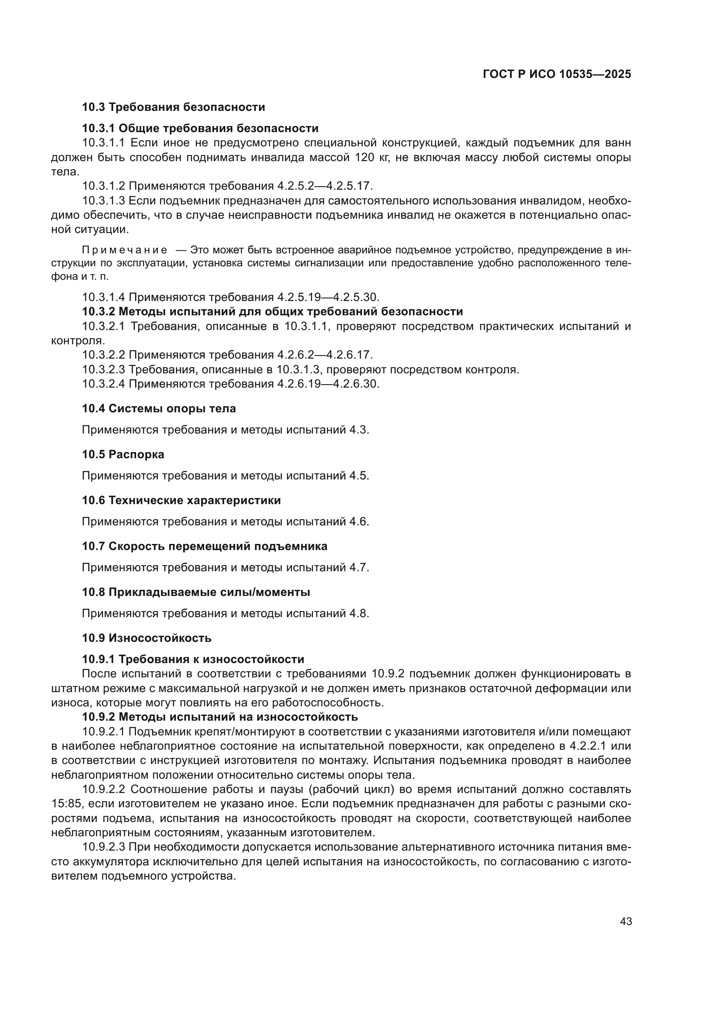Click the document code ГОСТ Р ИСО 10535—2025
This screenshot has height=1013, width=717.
click(557, 74)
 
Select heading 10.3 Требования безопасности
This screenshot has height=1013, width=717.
click(173, 107)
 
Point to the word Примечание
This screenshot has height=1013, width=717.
click(125, 250)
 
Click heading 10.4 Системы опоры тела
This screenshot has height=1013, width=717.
click(159, 408)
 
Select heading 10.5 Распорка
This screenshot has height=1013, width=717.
click(123, 454)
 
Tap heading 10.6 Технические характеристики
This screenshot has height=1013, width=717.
click(182, 500)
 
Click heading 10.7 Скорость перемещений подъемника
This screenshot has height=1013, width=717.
click(205, 546)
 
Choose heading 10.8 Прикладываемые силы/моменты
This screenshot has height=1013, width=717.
click(196, 592)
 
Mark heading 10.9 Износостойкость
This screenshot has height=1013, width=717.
click(147, 638)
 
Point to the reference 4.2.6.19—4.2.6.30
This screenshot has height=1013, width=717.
click(329, 384)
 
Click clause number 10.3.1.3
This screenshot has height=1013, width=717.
click(104, 201)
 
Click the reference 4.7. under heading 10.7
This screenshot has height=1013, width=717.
click(359, 567)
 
